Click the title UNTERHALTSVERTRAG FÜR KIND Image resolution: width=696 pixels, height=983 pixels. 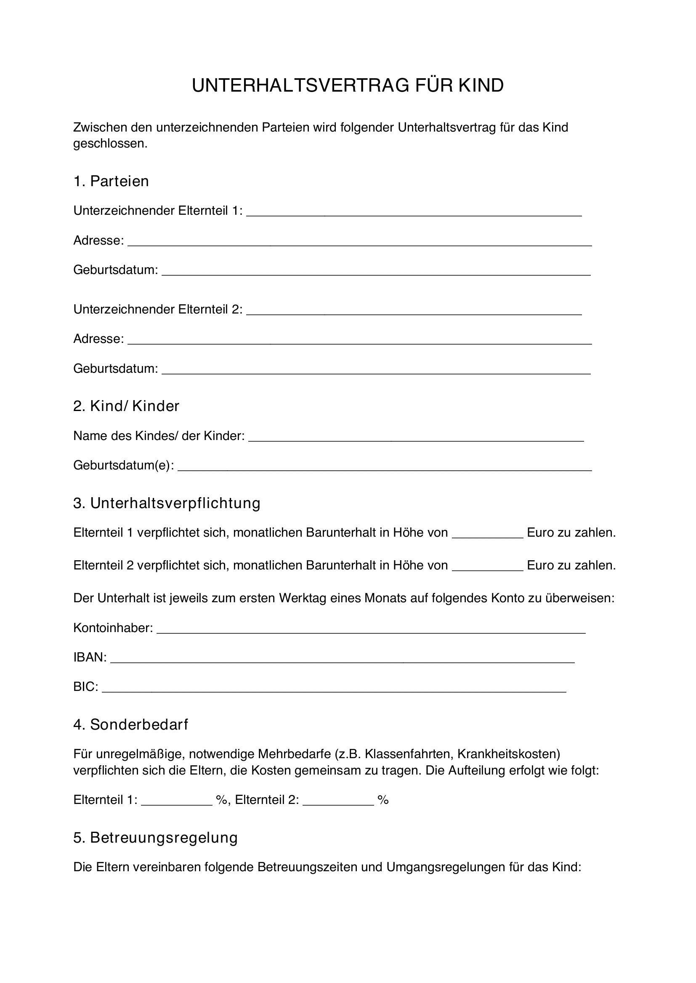click(x=348, y=86)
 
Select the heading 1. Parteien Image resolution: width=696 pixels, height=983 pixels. click(x=111, y=181)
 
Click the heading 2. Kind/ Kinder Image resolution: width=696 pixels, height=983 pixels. click(x=126, y=406)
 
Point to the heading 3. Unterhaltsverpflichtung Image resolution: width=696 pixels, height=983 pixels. click(x=167, y=503)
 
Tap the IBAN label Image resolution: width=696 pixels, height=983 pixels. click(x=90, y=657)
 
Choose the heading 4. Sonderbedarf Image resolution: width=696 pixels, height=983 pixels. click(x=131, y=725)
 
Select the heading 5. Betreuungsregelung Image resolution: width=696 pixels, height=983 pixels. click(x=155, y=838)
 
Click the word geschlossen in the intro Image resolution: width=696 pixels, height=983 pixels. click(x=109, y=144)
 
